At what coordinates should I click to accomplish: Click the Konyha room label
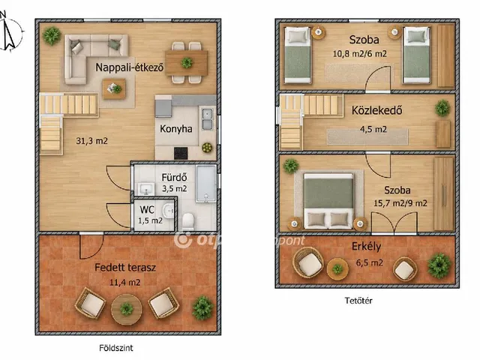click(x=176, y=129)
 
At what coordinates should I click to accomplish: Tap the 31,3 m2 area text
click(x=91, y=141)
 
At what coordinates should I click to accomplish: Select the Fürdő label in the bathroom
click(x=174, y=177)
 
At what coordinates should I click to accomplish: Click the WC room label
click(x=147, y=210)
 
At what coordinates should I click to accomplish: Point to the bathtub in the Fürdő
click(x=206, y=184)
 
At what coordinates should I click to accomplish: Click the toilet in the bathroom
click(x=188, y=221)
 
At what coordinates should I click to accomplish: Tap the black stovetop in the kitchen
click(x=181, y=153)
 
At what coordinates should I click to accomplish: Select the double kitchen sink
click(x=207, y=119)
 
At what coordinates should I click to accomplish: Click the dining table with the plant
click(x=187, y=63)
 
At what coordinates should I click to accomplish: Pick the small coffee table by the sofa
click(x=114, y=88)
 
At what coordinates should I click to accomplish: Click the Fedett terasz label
click(x=125, y=268)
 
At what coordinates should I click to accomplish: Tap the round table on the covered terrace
click(x=127, y=309)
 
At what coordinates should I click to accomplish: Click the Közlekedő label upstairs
click(x=376, y=110)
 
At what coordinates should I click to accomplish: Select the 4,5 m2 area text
click(x=373, y=130)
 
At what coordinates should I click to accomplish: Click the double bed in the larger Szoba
click(x=328, y=201)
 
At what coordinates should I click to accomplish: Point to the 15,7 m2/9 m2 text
click(x=400, y=203)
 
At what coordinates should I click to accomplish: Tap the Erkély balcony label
click(x=367, y=247)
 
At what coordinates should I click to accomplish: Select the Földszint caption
click(x=116, y=348)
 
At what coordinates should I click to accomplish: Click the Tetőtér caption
click(x=358, y=301)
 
